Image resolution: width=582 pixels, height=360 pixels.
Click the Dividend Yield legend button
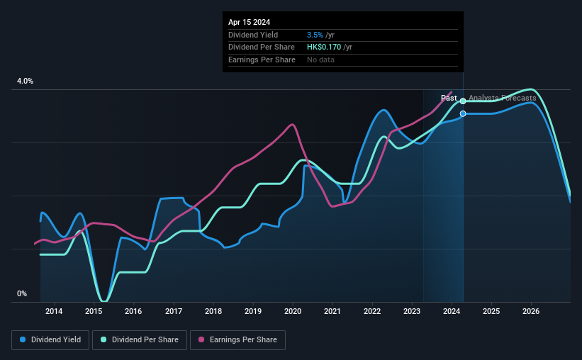(x=50, y=340)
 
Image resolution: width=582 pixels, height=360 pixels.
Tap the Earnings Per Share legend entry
(x=238, y=340)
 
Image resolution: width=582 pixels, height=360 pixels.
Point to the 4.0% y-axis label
(x=25, y=81)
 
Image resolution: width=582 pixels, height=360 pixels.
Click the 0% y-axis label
(x=21, y=293)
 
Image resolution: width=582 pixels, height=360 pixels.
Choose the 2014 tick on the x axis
(x=54, y=311)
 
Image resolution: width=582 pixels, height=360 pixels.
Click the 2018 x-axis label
(x=213, y=311)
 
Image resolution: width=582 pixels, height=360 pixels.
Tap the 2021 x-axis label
(x=333, y=311)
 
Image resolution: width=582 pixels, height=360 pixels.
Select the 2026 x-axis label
(x=532, y=311)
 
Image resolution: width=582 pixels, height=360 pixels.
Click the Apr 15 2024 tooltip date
(x=250, y=22)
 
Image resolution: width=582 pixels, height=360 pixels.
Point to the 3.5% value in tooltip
(x=315, y=35)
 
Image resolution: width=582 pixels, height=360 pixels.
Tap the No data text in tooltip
(x=320, y=60)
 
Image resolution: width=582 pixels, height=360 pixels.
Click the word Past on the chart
(x=449, y=98)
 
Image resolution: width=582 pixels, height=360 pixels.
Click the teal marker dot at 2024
(x=463, y=101)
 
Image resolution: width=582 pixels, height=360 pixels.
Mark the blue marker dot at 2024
(x=463, y=113)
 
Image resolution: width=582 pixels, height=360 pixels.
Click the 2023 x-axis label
(x=413, y=311)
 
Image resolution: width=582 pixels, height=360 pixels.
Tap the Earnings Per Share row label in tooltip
(x=262, y=60)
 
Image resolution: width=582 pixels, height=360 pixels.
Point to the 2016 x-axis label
(x=134, y=311)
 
